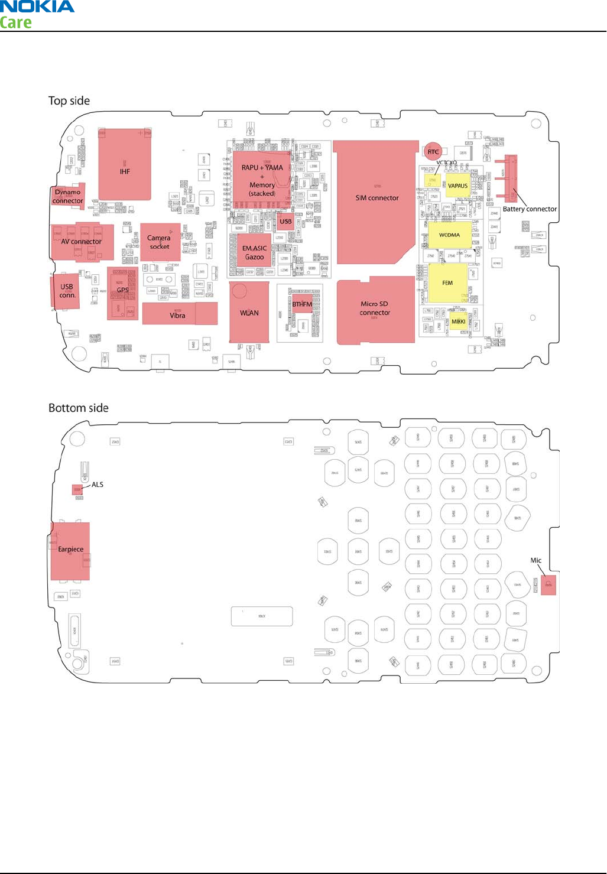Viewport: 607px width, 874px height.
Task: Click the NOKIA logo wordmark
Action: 37,7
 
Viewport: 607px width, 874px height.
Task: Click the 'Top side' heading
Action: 69,101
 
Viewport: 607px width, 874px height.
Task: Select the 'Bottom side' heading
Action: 79,408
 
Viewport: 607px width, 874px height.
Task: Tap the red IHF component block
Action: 125,164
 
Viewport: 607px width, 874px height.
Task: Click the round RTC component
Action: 433,152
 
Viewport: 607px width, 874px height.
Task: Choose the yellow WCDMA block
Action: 449,235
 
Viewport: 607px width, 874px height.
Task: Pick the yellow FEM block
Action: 447,283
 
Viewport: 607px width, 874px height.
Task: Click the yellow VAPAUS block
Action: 457,186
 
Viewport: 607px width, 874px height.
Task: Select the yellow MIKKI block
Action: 459,321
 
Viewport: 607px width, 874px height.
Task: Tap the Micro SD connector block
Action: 375,309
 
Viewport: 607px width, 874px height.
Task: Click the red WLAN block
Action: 249,312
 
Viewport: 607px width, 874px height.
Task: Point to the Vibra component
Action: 179,314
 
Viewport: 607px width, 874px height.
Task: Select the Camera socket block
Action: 160,242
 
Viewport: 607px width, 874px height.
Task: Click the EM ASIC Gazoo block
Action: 254,252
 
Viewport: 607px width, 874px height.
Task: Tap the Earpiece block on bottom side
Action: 71,550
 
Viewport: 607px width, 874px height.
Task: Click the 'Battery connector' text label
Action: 530,209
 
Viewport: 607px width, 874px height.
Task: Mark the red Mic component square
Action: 548,584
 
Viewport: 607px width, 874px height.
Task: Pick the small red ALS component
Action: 77,490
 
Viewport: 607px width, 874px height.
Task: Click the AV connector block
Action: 82,242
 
